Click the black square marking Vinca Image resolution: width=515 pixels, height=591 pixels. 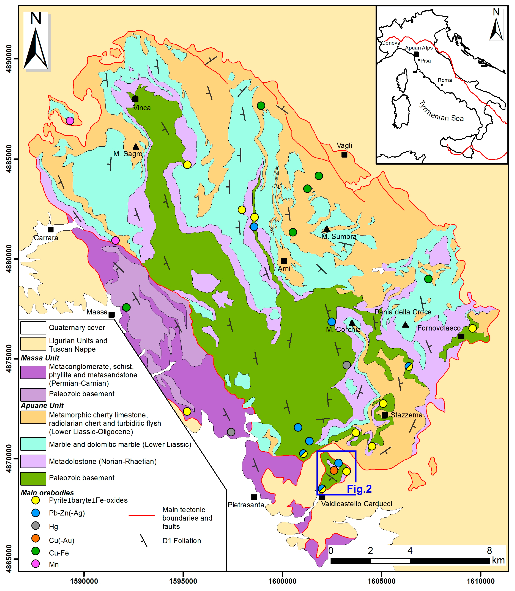(x=135, y=99)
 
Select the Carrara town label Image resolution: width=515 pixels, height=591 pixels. (x=46, y=238)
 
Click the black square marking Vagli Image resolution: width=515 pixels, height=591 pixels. (x=344, y=155)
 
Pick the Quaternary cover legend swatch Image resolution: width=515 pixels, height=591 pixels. (x=33, y=328)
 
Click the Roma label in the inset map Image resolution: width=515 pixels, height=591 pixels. (x=445, y=80)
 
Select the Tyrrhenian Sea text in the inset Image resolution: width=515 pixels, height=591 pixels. (x=441, y=112)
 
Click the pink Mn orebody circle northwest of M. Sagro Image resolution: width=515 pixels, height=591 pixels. (x=70, y=121)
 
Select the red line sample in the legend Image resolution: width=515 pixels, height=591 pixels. (x=141, y=515)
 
